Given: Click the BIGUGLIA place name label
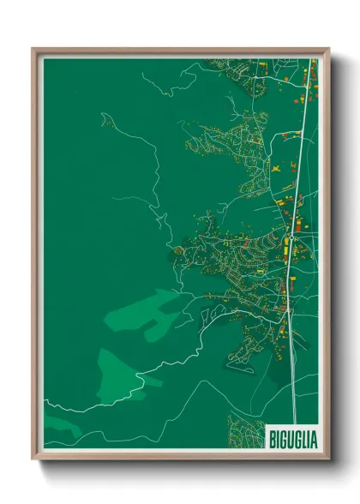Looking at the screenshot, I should (292, 439).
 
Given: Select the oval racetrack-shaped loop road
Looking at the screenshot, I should (243, 363).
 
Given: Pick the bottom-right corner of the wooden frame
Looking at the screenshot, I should (328, 459).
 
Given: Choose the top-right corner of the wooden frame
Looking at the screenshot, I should (327, 50).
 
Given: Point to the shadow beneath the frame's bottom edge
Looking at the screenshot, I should (180, 466).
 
